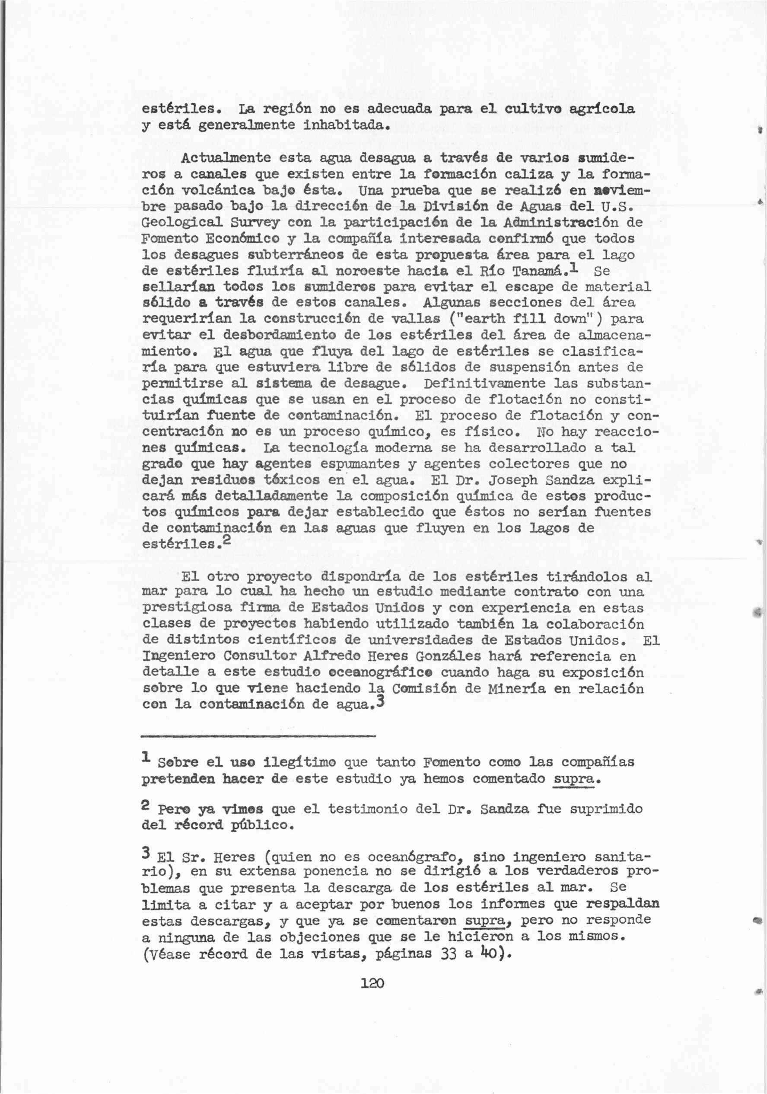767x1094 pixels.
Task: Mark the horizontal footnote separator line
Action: point(258,737)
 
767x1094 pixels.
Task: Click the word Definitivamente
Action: point(495,383)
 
